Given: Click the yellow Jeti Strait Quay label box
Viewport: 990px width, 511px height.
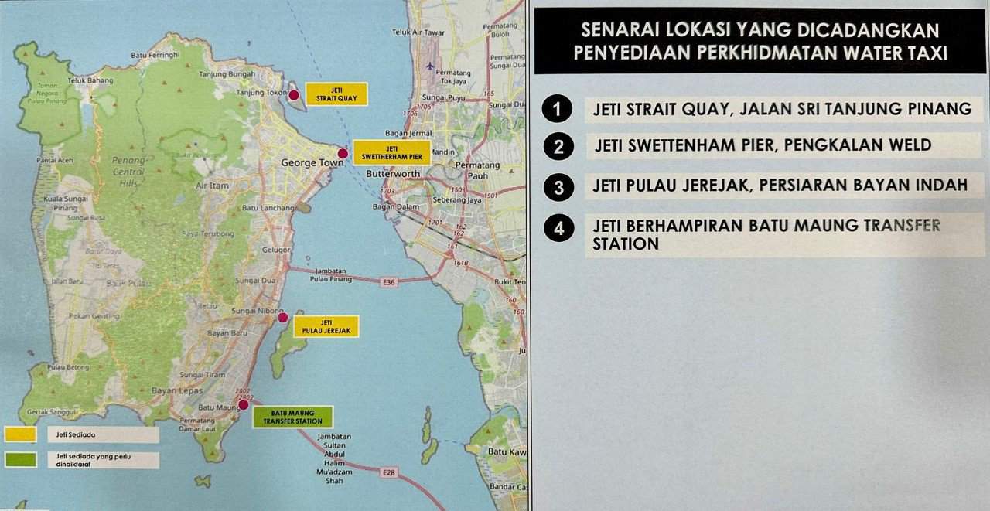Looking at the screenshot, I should [336, 94].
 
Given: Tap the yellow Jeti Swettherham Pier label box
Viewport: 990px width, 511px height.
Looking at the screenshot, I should [391, 152].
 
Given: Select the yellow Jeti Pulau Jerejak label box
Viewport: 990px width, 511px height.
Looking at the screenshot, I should [326, 326].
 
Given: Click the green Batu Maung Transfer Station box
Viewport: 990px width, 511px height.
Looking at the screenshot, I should [293, 417].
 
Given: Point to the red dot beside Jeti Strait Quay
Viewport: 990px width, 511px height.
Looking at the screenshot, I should [294, 95].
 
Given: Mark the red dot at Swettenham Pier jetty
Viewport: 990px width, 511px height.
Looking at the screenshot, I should [343, 153].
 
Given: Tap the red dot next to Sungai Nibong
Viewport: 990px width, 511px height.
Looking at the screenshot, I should [283, 317].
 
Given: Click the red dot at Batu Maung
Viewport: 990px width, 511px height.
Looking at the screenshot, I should [244, 404].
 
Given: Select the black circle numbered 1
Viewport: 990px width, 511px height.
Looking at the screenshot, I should [557, 109].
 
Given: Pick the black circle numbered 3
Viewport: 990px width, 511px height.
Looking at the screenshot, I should [558, 186].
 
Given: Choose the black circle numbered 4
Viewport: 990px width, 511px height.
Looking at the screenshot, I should [558, 228].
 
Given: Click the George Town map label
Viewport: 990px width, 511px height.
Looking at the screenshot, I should [306, 163].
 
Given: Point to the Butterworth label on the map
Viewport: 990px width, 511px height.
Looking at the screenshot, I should [391, 174].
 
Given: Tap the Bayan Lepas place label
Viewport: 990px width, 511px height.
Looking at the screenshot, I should [176, 390].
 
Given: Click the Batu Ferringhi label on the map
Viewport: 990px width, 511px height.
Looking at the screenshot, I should [155, 56].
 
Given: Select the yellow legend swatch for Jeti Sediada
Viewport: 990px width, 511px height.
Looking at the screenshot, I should [21, 434].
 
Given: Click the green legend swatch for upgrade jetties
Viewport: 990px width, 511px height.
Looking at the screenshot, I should [21, 459].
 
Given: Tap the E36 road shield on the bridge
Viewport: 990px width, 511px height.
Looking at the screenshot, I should [388, 282].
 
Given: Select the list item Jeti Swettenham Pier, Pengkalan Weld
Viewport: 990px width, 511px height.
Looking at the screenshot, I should [763, 145].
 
